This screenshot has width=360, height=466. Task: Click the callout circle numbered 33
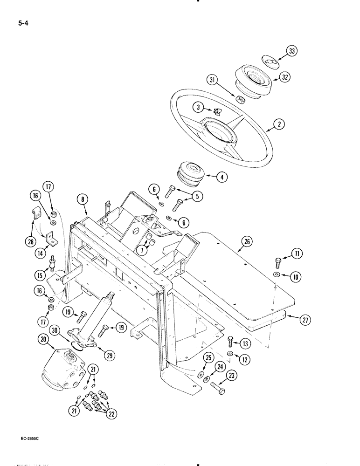click(x=292, y=52)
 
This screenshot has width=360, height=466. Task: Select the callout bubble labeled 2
click(x=279, y=124)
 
